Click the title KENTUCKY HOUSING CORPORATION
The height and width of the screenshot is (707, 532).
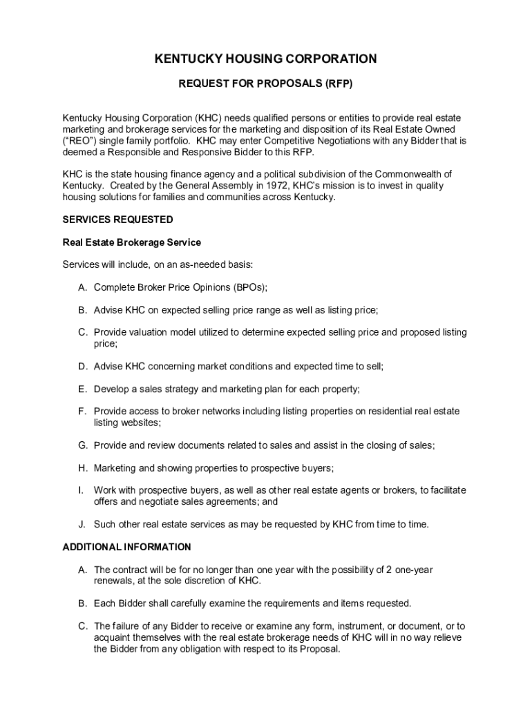pos(266,59)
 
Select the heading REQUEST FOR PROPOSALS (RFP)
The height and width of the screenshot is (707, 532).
pos(266,84)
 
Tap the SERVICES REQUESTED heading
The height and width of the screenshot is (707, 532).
pos(118,220)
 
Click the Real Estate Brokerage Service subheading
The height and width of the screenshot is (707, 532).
pos(132,242)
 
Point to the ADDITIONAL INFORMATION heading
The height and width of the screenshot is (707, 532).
pos(127,547)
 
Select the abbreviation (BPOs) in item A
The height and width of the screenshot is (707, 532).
pos(250,287)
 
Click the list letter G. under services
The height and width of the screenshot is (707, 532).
pos(82,445)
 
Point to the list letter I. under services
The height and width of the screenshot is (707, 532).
pos(81,490)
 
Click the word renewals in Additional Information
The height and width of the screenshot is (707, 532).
pos(115,581)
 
